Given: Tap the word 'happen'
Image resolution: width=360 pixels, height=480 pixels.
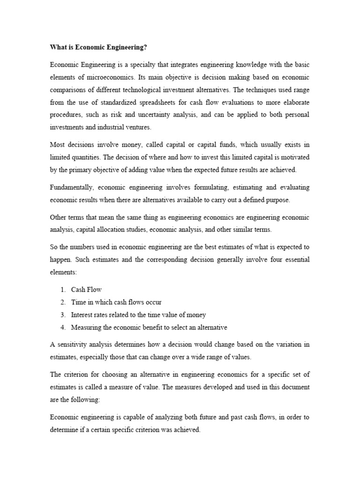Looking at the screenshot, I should (61, 260).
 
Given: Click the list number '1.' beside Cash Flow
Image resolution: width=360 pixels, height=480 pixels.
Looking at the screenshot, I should (62, 290).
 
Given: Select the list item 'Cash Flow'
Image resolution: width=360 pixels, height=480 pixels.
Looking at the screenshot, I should (86, 290).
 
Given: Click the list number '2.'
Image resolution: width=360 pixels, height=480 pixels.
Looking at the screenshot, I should (62, 302).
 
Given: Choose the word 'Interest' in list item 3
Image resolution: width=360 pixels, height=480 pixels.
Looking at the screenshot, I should (82, 315).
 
